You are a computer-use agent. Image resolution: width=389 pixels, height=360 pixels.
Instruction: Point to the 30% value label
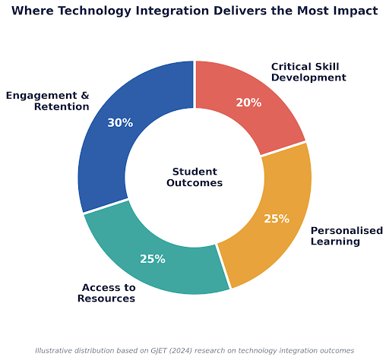[120, 123]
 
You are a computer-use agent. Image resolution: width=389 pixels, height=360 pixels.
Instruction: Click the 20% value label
[248, 103]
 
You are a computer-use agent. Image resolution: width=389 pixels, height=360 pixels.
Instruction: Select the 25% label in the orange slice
[277, 219]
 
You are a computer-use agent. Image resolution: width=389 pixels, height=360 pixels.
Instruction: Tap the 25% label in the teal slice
[153, 259]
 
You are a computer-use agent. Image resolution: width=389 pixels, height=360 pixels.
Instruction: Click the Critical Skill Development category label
[308, 72]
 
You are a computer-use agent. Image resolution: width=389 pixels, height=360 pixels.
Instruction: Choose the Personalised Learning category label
[346, 236]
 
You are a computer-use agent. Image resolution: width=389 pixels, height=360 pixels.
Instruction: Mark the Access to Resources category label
[106, 293]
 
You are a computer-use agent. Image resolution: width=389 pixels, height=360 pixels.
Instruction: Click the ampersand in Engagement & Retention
[85, 96]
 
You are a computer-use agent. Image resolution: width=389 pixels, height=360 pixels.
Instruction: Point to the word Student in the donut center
[194, 172]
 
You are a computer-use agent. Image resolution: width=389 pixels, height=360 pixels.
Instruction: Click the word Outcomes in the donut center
[194, 183]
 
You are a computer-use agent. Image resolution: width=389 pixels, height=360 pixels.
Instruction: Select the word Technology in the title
[96, 11]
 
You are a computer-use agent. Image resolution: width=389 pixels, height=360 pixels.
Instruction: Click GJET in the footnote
[158, 351]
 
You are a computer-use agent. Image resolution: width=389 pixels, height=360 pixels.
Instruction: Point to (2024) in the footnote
[180, 351]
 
